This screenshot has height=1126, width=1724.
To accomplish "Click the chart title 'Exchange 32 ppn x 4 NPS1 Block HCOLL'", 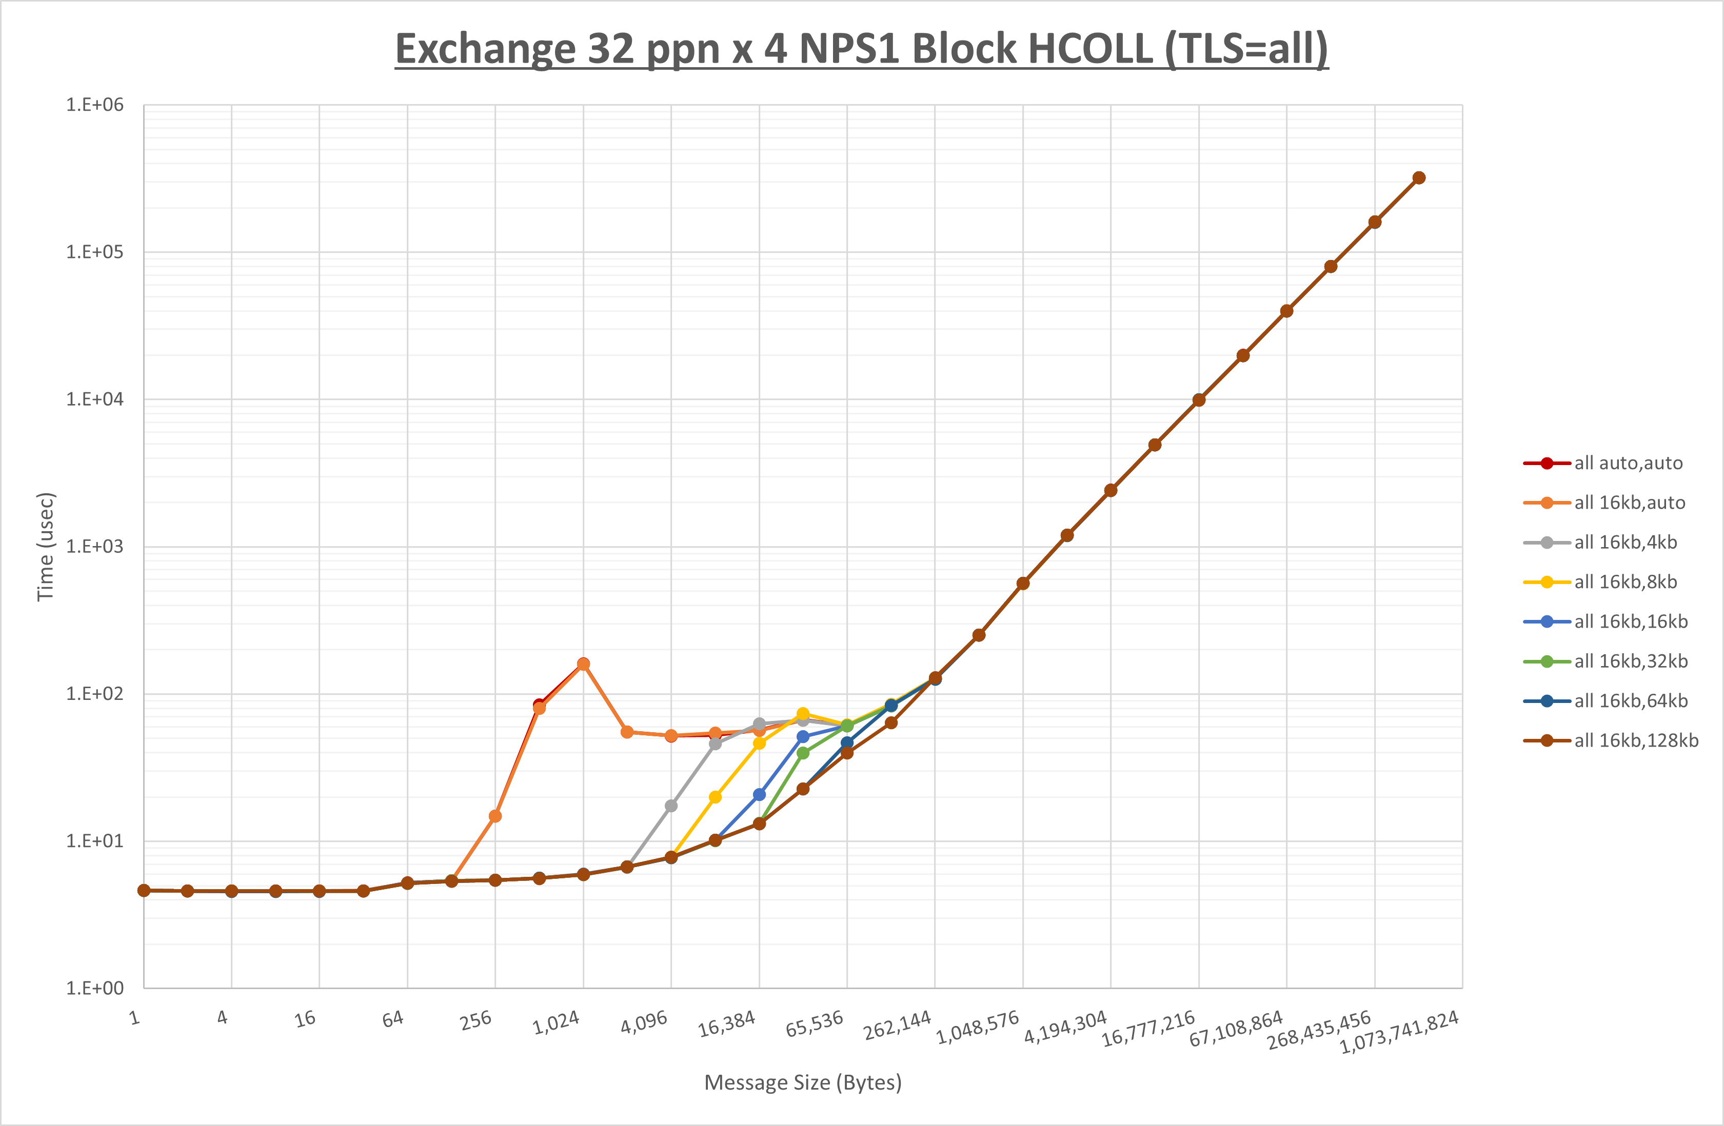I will pyautogui.click(x=861, y=49).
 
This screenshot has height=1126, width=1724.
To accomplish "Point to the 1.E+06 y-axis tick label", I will pyautogui.click(x=95, y=105).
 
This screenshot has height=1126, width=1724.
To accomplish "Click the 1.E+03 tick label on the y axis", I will pyautogui.click(x=95, y=547).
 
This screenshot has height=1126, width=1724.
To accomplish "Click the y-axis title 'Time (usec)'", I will pyautogui.click(x=46, y=547).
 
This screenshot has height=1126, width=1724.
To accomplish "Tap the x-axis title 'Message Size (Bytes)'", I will pyautogui.click(x=803, y=1082).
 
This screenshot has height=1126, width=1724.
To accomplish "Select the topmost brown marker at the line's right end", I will pyautogui.click(x=1418, y=178).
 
